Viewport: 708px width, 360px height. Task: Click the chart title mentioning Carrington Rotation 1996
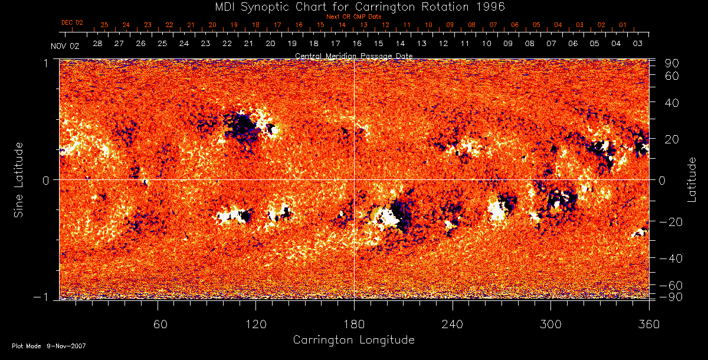click(x=354, y=6)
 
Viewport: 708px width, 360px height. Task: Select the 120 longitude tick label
click(x=255, y=324)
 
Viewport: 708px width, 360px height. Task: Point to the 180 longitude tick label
click(x=354, y=324)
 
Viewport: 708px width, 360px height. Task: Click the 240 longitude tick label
click(x=452, y=324)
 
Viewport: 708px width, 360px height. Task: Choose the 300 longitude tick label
click(x=550, y=324)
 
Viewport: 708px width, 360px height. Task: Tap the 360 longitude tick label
click(x=648, y=324)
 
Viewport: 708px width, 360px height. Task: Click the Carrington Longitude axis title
click(x=353, y=340)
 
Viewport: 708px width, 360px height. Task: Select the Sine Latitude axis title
click(x=18, y=179)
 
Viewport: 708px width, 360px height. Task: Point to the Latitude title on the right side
click(x=692, y=179)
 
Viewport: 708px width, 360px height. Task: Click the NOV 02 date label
click(x=64, y=46)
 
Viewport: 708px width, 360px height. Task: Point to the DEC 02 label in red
click(x=72, y=22)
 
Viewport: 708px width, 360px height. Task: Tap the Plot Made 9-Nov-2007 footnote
click(x=49, y=346)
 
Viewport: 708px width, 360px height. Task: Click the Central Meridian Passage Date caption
click(x=353, y=55)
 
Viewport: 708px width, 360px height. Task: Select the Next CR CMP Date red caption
click(x=353, y=17)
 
